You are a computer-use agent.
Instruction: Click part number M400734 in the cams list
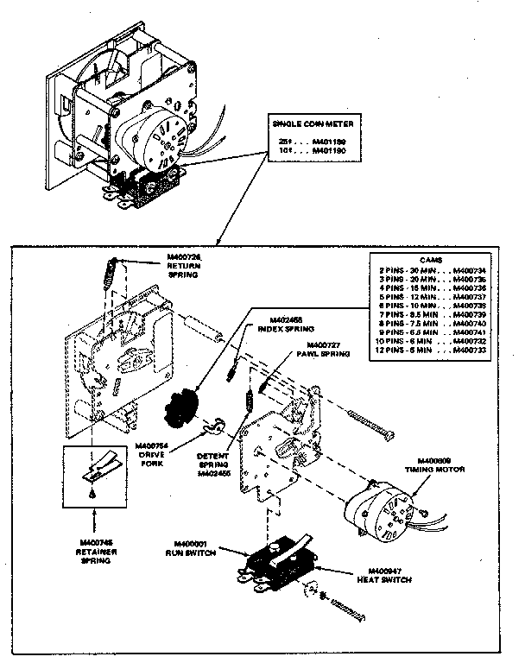point(469,270)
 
